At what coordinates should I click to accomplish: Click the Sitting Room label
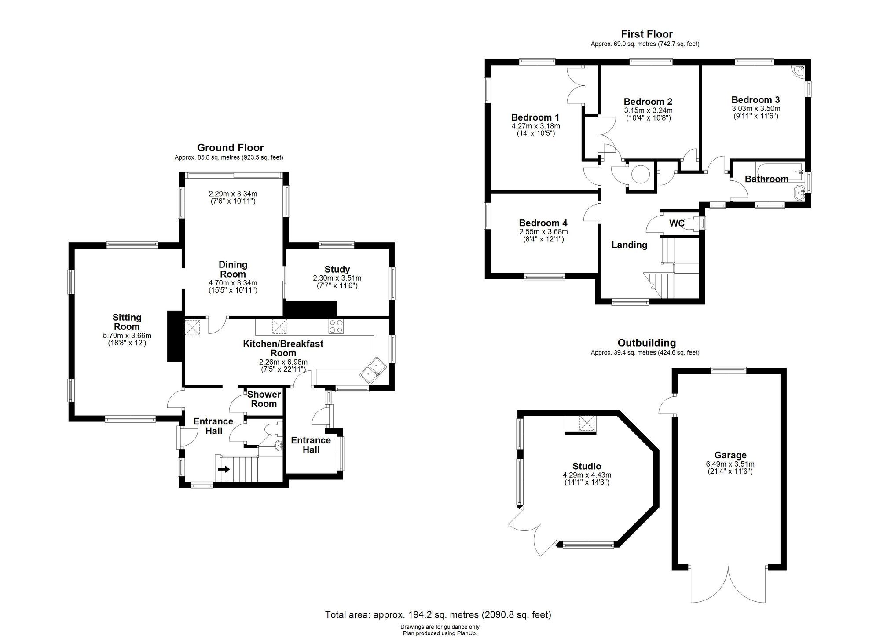click(x=127, y=322)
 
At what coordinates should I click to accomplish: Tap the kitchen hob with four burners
click(x=336, y=326)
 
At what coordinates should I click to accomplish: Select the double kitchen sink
click(x=373, y=369)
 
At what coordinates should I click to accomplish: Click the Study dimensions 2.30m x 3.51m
click(x=337, y=278)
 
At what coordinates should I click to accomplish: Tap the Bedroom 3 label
click(x=755, y=100)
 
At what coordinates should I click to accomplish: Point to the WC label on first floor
click(x=676, y=223)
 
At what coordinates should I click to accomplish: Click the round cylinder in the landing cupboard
click(x=641, y=174)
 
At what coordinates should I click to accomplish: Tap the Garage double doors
click(x=729, y=585)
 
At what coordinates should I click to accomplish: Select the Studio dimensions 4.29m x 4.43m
click(x=587, y=475)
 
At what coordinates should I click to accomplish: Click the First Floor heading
click(x=646, y=34)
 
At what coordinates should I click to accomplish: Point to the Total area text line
click(x=438, y=614)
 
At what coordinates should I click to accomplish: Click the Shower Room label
click(x=264, y=399)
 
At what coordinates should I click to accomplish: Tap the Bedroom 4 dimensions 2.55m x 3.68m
click(x=543, y=231)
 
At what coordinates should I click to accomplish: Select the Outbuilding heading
click(x=646, y=343)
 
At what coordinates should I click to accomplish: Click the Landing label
click(x=629, y=245)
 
